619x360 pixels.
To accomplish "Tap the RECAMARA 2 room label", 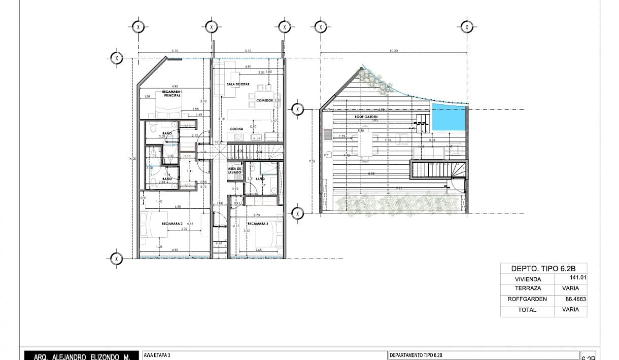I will click(172, 223).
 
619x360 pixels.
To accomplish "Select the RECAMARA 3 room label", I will click(258, 223).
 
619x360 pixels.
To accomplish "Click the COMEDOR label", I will click(264, 100).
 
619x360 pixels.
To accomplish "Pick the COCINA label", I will click(236, 129).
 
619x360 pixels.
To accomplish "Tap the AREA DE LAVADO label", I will click(234, 170).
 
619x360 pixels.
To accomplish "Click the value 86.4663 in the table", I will click(575, 299).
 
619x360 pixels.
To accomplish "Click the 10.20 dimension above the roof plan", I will click(393, 51).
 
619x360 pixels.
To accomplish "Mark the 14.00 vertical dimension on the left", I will click(133, 159).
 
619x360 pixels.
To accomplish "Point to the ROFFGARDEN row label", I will click(527, 299).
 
